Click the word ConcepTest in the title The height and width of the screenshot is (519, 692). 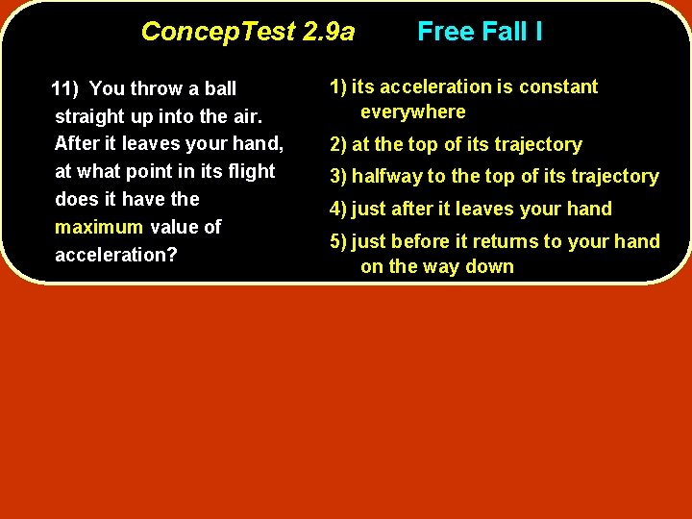click(218, 32)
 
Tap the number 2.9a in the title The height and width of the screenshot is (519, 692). click(328, 32)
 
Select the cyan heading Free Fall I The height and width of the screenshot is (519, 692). click(480, 32)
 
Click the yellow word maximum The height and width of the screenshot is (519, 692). click(99, 227)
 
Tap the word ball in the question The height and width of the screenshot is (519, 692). click(220, 89)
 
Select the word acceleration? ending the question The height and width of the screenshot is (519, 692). click(110, 255)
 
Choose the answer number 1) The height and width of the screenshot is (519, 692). click(338, 86)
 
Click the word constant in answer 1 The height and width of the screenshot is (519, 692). click(556, 86)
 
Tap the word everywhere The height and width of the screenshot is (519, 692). click(413, 111)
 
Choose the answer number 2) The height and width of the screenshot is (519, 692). click(338, 144)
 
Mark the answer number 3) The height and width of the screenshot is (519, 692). click(338, 176)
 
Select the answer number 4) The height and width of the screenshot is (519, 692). click(338, 209)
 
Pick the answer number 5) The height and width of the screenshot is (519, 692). click(338, 241)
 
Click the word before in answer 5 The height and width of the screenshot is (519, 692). click(424, 241)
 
